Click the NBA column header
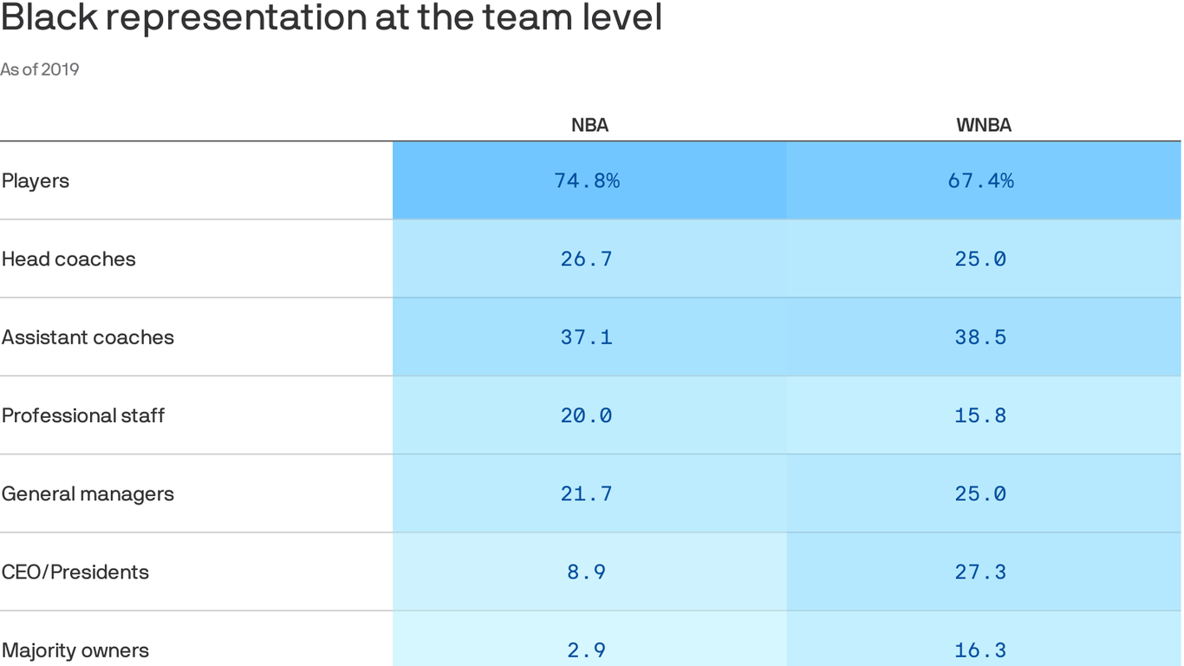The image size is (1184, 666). tap(589, 125)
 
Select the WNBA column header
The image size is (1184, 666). tap(984, 125)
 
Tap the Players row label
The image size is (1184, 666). tap(36, 181)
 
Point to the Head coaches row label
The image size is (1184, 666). tap(68, 259)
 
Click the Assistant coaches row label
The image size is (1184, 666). tap(88, 337)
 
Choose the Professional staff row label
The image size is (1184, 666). tap(83, 415)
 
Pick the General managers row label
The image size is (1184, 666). tap(88, 493)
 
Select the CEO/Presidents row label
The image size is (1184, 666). tap(75, 572)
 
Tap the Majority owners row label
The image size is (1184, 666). tap(75, 650)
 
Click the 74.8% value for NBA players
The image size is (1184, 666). tap(587, 181)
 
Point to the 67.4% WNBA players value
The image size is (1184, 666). tap(981, 181)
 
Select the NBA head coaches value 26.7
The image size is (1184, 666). tap(587, 259)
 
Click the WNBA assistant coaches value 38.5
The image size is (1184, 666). tap(981, 337)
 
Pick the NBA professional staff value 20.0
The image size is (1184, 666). tap(587, 415)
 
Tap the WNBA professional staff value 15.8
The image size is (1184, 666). tap(981, 415)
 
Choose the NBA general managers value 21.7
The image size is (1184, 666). tap(587, 493)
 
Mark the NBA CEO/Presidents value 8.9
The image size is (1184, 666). tap(587, 572)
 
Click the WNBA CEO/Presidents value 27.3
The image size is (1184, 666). tap(981, 572)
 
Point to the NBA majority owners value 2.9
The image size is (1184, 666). tap(587, 650)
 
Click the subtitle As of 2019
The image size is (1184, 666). tap(40, 69)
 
